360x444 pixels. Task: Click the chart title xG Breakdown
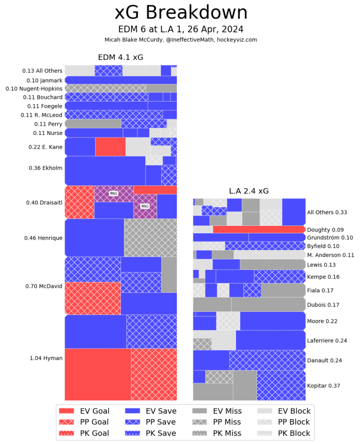tap(181, 13)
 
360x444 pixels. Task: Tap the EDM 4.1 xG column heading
tap(121, 57)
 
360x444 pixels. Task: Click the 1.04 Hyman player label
tap(46, 358)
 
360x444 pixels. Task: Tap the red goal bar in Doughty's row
tap(259, 230)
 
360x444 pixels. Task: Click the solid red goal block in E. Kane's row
tap(110, 147)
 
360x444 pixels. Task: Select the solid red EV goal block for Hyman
tap(98, 374)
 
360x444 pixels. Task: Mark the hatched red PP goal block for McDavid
tap(92, 298)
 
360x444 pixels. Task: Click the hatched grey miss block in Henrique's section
tap(150, 238)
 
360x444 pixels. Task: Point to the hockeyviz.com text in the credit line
tap(237, 39)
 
